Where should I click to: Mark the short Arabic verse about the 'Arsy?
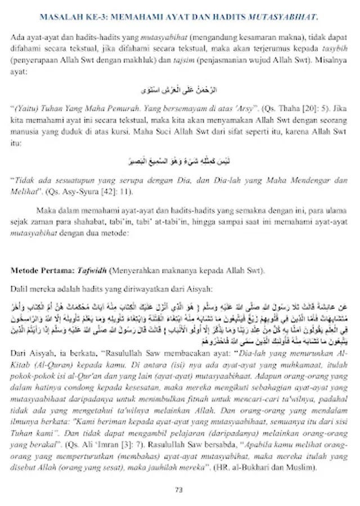tap(179, 90)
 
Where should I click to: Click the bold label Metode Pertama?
tap(39, 270)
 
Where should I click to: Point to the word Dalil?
tap(21, 289)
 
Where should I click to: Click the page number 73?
tap(179, 490)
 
